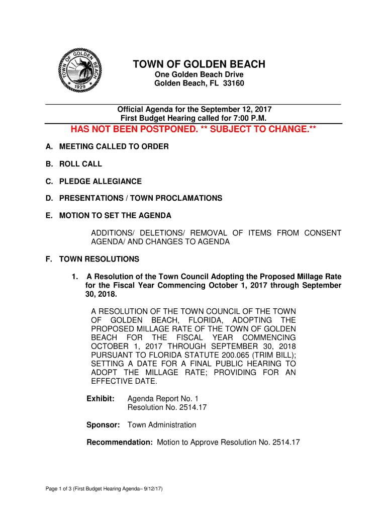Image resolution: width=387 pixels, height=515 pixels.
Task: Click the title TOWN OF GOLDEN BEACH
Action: point(199,64)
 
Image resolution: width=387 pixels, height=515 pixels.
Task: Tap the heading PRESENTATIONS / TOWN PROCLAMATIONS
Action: point(141,198)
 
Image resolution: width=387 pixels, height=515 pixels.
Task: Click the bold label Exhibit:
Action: point(101,399)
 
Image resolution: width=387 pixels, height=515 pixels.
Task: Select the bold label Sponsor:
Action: point(103,425)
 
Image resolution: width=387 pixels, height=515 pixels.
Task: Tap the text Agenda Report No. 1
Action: point(159,399)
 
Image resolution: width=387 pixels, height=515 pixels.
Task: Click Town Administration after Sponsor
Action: point(162,425)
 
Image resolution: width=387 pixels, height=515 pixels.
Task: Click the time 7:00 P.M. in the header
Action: point(248,118)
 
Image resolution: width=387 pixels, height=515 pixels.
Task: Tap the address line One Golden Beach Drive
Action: point(199,75)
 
